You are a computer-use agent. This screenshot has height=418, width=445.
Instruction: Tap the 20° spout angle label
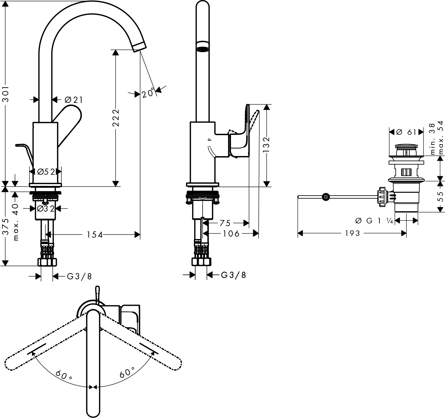(x=148, y=93)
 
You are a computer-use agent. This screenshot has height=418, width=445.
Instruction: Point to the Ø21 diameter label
(x=74, y=100)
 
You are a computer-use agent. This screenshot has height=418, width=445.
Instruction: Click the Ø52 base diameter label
(x=46, y=172)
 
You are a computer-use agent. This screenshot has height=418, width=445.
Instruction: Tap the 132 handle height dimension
(x=266, y=144)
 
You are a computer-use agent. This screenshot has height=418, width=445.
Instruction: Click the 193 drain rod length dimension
(x=353, y=233)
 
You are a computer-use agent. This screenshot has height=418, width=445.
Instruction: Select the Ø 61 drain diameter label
(x=406, y=132)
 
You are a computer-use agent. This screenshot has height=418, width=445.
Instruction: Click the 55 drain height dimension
(x=440, y=196)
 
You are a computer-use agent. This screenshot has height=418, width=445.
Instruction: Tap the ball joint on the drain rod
(x=326, y=197)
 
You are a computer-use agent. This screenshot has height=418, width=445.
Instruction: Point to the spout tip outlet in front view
(x=140, y=46)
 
